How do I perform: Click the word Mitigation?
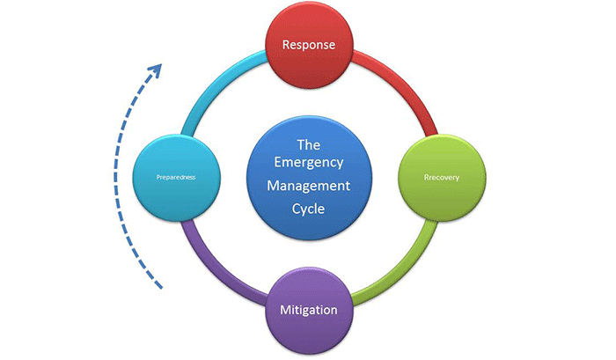pos(308,311)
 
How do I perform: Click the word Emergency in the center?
pos(307,164)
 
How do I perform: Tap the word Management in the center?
pos(308,187)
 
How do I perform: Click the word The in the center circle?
pos(308,142)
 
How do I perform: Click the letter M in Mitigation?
pos(284,311)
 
